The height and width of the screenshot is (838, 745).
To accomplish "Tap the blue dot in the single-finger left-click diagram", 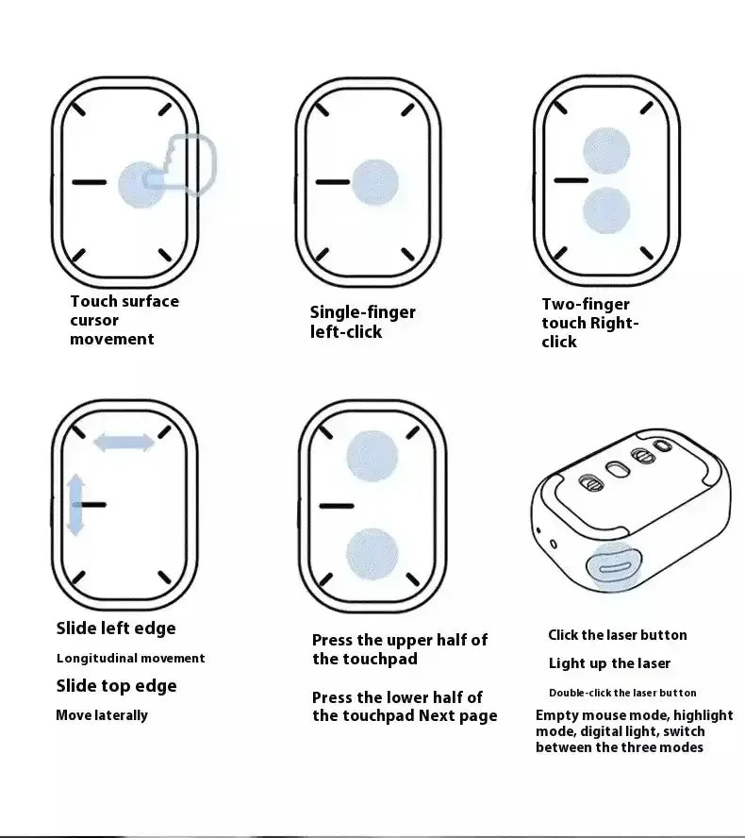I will [x=374, y=182].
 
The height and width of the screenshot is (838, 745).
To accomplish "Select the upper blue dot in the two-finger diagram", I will [x=605, y=151].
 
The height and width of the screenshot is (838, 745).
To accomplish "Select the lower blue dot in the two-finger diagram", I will [x=605, y=210].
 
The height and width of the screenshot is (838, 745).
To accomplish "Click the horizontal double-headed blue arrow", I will [x=124, y=442].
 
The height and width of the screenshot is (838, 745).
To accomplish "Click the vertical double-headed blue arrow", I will [x=75, y=505].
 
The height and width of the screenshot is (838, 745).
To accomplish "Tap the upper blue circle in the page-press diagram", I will [x=372, y=455].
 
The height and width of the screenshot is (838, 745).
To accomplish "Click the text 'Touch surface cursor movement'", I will [x=124, y=320].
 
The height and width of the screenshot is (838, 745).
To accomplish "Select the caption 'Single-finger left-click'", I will [x=362, y=322].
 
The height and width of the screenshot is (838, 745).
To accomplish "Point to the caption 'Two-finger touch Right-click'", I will [x=589, y=323].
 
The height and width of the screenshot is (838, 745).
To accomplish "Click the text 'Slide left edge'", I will [x=115, y=628].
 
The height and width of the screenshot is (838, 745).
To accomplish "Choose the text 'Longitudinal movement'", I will [x=130, y=659].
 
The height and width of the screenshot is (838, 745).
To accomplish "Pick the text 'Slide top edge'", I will [x=116, y=686].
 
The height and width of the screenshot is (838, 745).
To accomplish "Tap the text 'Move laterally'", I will [x=102, y=715].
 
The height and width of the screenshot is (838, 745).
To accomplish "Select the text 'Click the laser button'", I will [x=618, y=635].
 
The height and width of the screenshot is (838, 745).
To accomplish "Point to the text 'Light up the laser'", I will [x=609, y=663].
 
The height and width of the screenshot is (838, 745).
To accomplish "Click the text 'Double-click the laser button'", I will [x=622, y=693].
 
